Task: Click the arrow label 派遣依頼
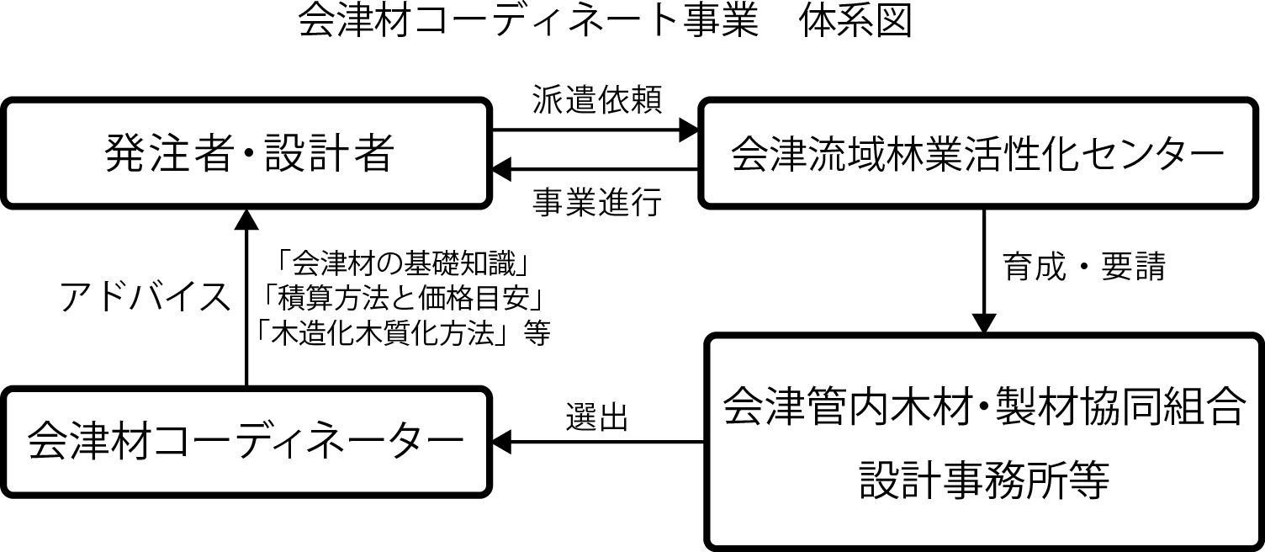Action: [597, 100]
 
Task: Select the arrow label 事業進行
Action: [597, 203]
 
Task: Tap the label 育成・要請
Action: [1083, 267]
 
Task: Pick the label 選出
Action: [597, 416]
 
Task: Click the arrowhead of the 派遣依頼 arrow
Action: [691, 130]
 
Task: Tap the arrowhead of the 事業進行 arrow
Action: [502, 171]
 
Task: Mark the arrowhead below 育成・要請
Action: [983, 324]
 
